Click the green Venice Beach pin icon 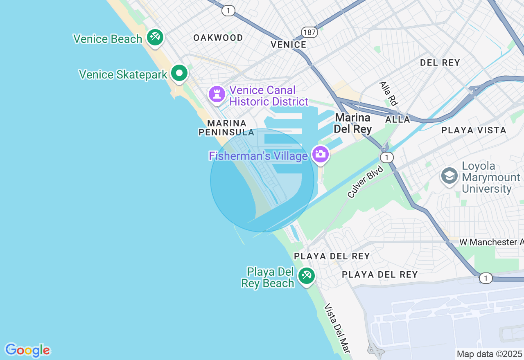click(155, 38)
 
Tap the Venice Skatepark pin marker click(179, 74)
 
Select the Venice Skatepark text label click(123, 74)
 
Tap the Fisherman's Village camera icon click(320, 154)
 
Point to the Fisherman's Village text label click(258, 156)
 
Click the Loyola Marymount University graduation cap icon click(449, 176)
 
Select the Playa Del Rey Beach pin click(306, 275)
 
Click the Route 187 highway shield click(309, 32)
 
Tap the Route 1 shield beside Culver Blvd click(386, 157)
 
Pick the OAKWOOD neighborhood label click(218, 38)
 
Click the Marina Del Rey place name click(352, 124)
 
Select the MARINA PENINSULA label click(226, 128)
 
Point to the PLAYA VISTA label click(474, 130)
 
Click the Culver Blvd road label click(365, 182)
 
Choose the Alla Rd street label click(388, 93)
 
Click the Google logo click(27, 350)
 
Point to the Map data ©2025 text click(489, 354)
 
